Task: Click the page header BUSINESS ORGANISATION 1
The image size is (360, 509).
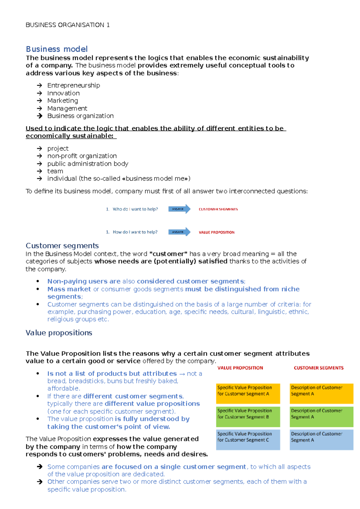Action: (67, 25)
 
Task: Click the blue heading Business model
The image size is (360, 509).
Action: (57, 49)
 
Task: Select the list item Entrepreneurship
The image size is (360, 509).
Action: (73, 85)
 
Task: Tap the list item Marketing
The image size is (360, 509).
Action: (62, 101)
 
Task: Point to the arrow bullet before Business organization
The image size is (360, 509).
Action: (39, 116)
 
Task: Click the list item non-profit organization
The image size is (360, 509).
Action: (82, 156)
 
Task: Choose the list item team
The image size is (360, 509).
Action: (55, 171)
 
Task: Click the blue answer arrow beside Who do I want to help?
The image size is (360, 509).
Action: (179, 209)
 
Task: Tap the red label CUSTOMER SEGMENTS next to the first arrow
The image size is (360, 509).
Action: (218, 209)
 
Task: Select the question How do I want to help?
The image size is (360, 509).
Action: (135, 232)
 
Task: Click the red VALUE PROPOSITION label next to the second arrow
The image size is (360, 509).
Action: (217, 232)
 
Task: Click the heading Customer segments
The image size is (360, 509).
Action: (62, 246)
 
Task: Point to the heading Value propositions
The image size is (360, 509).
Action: (59, 333)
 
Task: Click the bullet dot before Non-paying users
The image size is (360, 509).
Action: (38, 281)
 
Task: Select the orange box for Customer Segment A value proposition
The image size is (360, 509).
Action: (248, 393)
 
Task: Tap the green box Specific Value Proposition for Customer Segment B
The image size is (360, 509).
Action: (248, 416)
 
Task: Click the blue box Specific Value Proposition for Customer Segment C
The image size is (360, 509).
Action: (248, 439)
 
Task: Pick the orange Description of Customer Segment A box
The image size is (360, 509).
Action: (321, 393)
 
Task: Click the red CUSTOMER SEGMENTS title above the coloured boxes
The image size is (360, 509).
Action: (319, 368)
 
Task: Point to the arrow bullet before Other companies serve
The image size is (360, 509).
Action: (39, 482)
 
